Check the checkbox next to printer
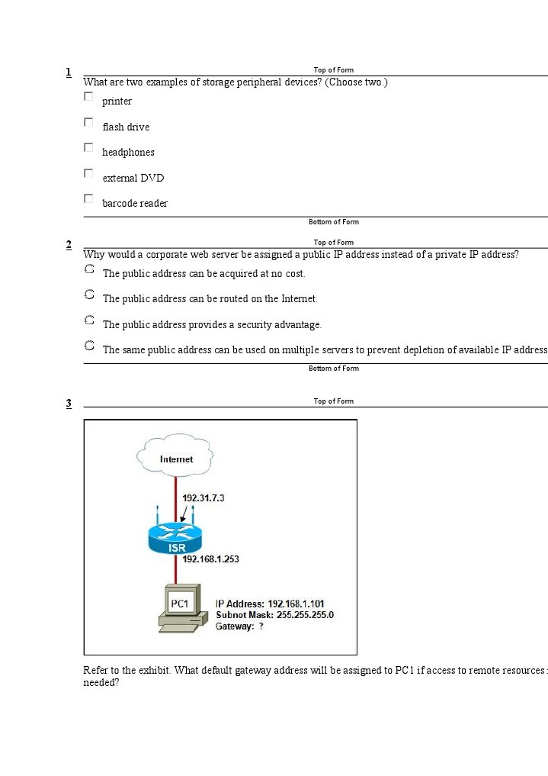click(88, 97)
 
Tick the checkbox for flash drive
click(88, 122)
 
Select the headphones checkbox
click(88, 147)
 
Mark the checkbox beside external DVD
click(88, 173)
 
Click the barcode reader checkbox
click(88, 198)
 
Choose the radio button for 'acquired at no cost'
click(89, 269)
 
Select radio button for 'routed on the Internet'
click(89, 295)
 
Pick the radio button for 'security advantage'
click(89, 320)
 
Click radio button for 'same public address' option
click(89, 346)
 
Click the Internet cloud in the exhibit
click(175, 458)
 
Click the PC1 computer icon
click(181, 608)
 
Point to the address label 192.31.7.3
click(203, 497)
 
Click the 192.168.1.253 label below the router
click(210, 559)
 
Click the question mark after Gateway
click(261, 626)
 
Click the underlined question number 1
click(69, 72)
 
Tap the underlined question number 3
click(69, 403)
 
